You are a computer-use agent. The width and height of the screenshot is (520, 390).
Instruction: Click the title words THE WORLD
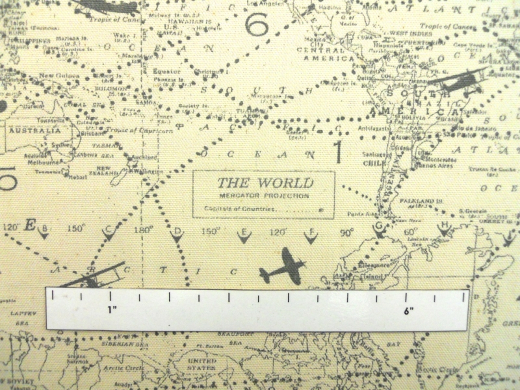tap(265, 183)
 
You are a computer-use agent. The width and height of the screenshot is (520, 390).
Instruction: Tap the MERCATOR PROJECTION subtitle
tap(263, 196)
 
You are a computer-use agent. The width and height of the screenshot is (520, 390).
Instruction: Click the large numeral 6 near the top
tap(257, 25)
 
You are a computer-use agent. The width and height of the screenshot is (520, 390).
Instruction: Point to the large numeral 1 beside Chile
tap(337, 152)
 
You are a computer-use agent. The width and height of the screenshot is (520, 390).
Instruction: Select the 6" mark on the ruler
tap(408, 311)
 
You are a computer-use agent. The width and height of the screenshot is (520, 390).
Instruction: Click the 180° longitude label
tap(143, 229)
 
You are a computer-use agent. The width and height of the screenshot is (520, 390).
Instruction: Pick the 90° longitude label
tap(346, 232)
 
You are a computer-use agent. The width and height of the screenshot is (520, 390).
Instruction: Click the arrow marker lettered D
tap(177, 235)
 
